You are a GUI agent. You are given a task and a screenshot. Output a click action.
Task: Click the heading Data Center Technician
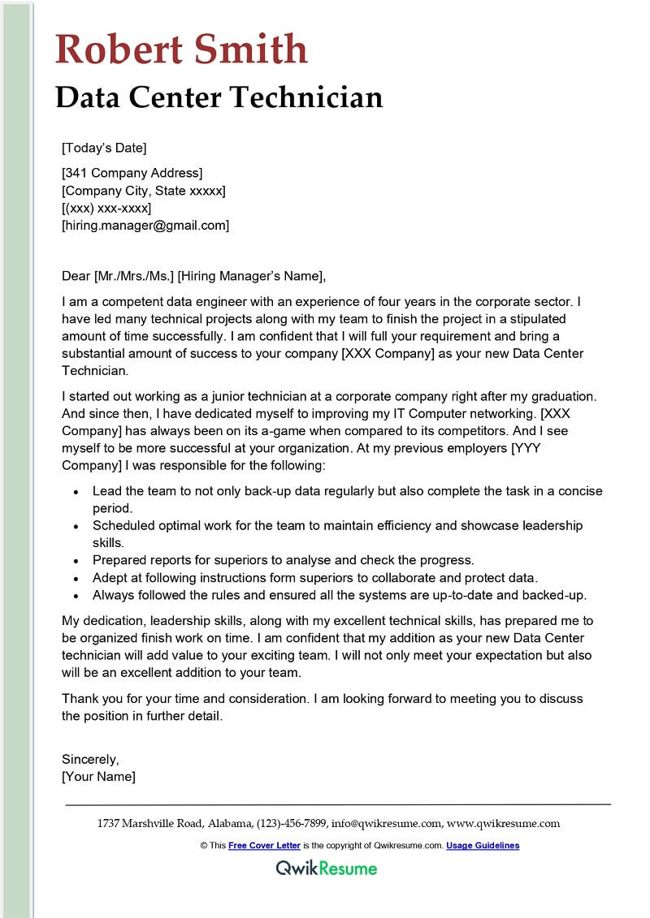tap(219, 97)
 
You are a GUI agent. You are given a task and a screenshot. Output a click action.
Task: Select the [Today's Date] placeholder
tap(104, 148)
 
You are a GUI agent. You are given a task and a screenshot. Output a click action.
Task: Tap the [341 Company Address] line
tap(132, 172)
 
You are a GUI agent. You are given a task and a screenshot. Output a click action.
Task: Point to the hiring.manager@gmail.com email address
tap(146, 226)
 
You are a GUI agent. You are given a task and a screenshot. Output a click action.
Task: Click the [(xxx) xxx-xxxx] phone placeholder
tap(106, 208)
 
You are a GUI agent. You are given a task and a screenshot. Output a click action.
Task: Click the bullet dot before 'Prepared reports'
tap(76, 561)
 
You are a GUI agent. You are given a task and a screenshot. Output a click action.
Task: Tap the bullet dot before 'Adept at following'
tap(76, 579)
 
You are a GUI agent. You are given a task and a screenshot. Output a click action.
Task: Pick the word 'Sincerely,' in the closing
tap(91, 760)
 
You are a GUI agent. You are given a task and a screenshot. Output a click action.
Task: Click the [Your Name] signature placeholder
tap(99, 777)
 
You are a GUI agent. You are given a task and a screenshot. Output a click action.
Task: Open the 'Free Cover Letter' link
tap(264, 846)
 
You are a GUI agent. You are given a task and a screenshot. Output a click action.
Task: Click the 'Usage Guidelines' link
tap(483, 846)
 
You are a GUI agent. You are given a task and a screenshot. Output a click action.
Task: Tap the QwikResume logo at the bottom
tap(326, 868)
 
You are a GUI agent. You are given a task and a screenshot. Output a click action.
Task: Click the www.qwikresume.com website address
tap(503, 823)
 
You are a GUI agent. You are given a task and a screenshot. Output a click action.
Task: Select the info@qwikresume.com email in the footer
tap(386, 823)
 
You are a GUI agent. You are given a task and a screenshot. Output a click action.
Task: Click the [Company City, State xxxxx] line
tap(144, 190)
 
